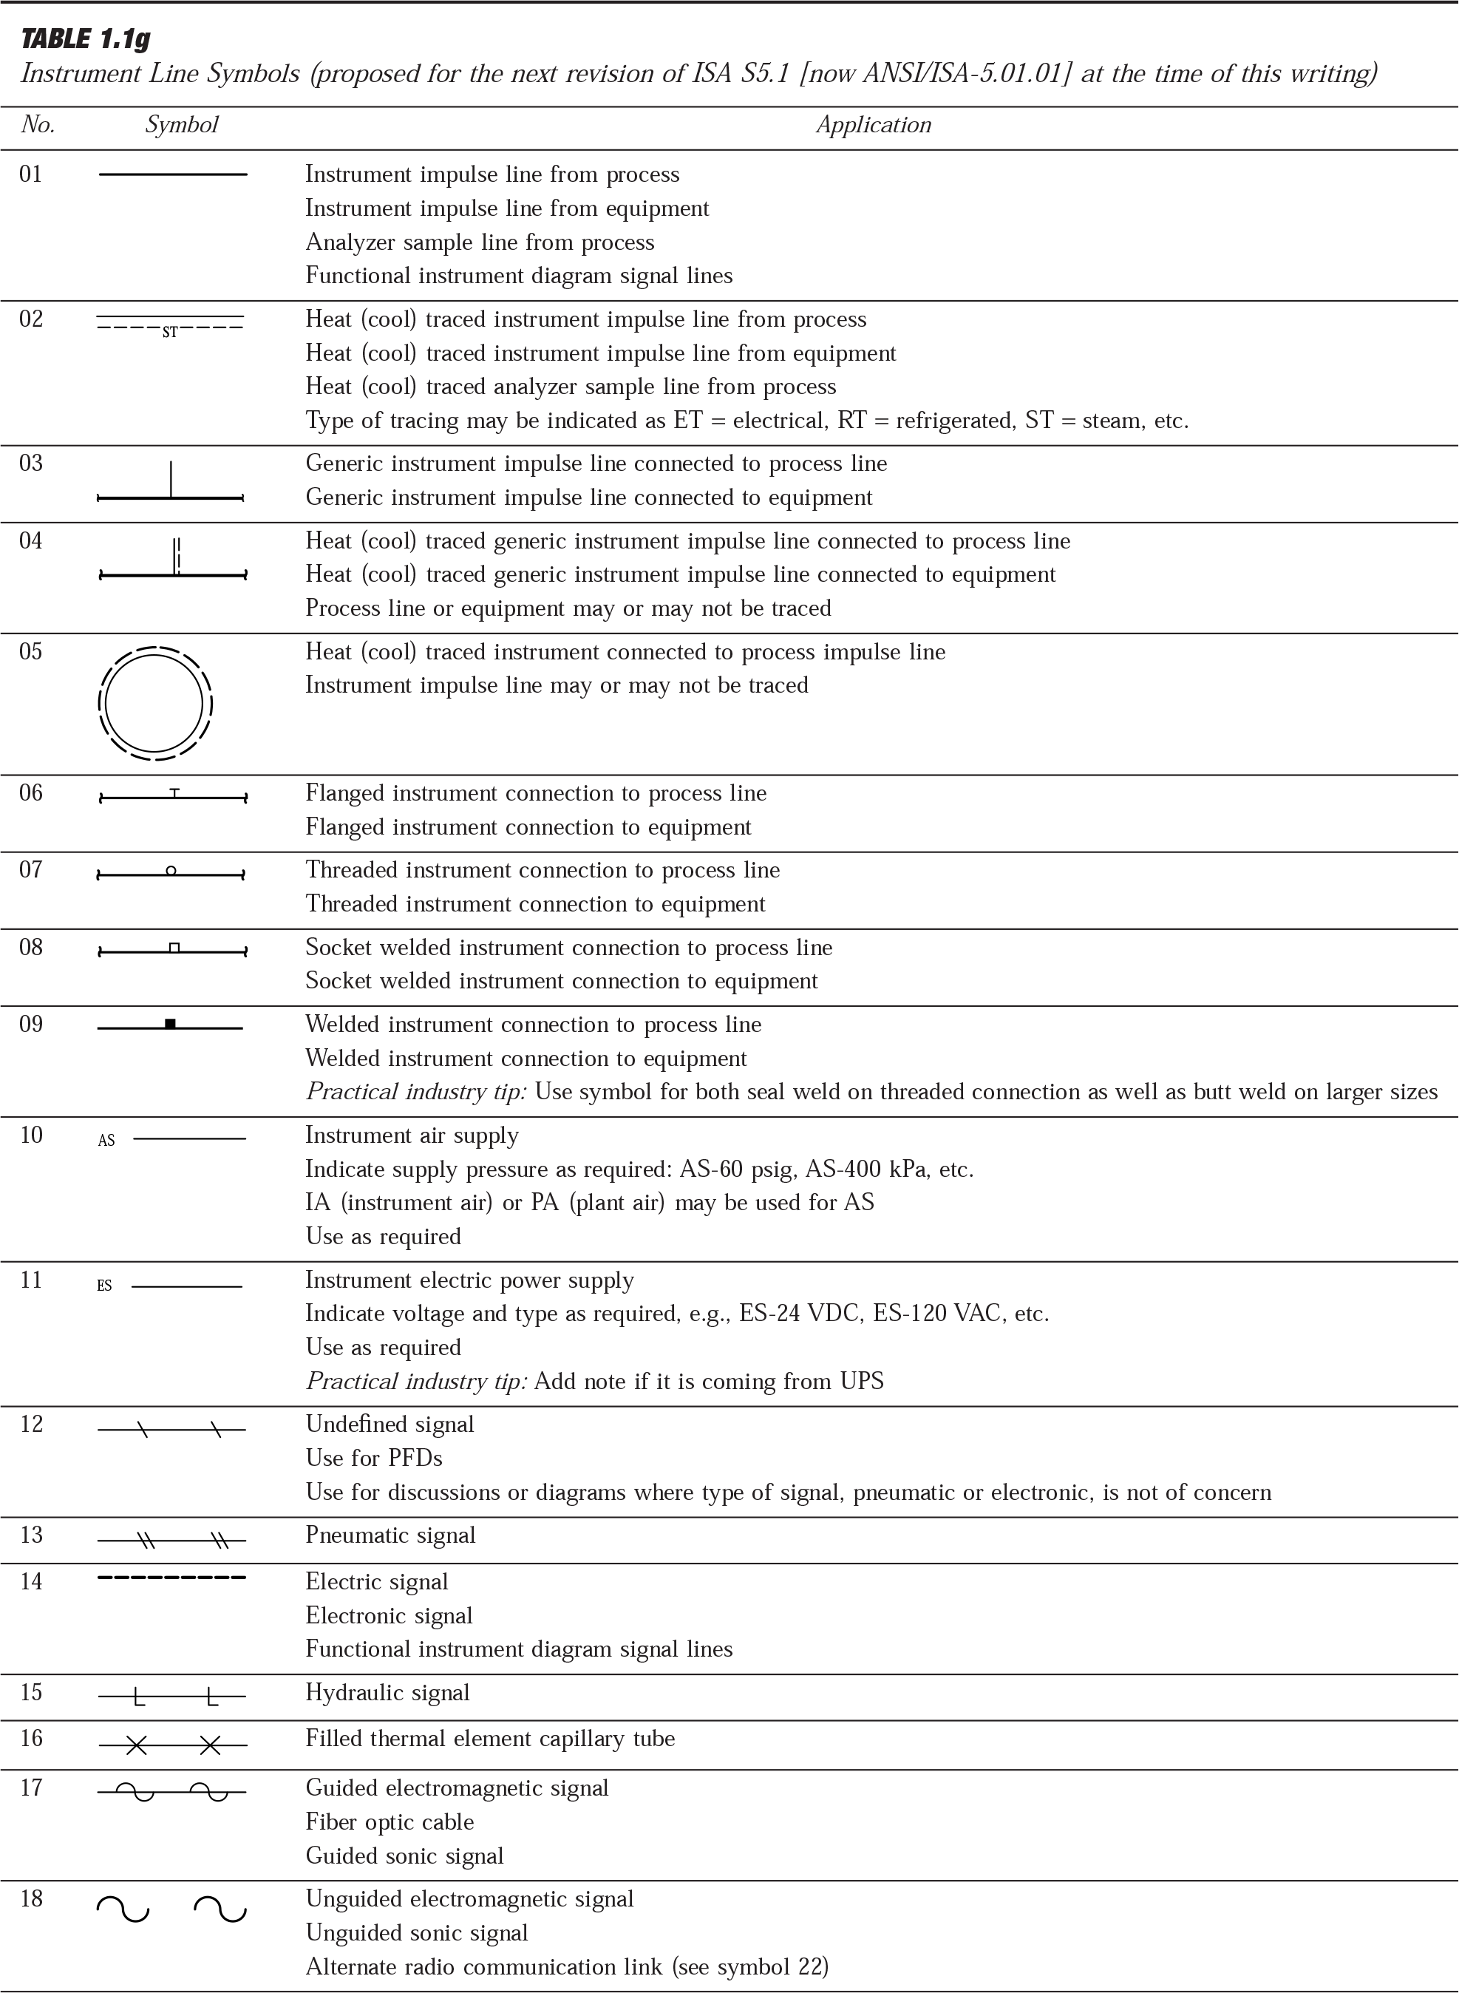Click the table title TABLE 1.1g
pyautogui.click(x=85, y=40)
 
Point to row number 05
pyautogui.click(x=31, y=652)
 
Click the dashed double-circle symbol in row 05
pyautogui.click(x=155, y=704)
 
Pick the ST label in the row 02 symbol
pyautogui.click(x=169, y=333)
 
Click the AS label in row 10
pyautogui.click(x=106, y=1141)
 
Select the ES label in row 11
pyautogui.click(x=104, y=1286)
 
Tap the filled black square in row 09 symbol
pyautogui.click(x=171, y=1024)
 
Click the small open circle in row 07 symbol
pyautogui.click(x=171, y=871)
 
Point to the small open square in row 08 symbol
pyautogui.click(x=174, y=948)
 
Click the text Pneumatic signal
pyautogui.click(x=390, y=1535)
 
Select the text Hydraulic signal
pyautogui.click(x=388, y=1693)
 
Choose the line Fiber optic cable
pyautogui.click(x=390, y=1821)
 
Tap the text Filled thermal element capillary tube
pyautogui.click(x=490, y=1739)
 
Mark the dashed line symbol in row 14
pyautogui.click(x=171, y=1578)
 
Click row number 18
pyautogui.click(x=31, y=1898)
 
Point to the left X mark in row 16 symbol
pyautogui.click(x=135, y=1745)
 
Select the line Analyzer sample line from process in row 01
pyautogui.click(x=480, y=242)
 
